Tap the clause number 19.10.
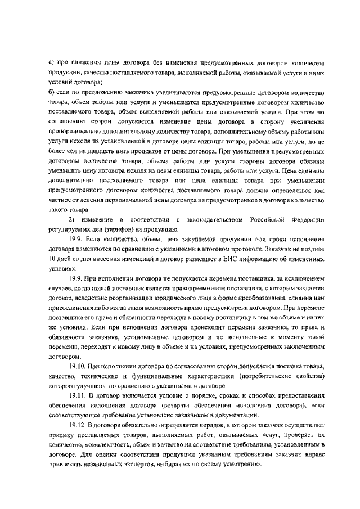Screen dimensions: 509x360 pos(78,366)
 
